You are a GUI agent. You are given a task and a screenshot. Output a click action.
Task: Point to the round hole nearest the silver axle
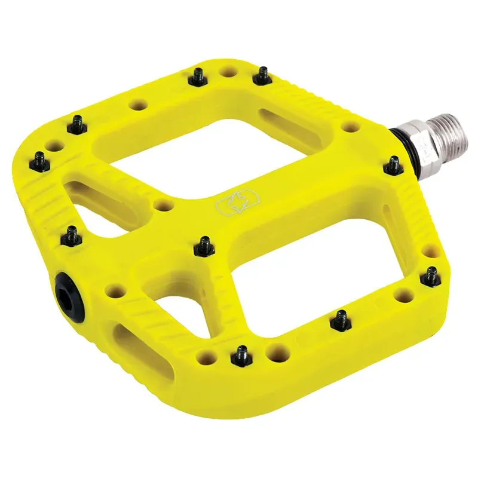click(353, 127)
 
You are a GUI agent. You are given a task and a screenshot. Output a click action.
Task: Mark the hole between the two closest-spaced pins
click(228, 72)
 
